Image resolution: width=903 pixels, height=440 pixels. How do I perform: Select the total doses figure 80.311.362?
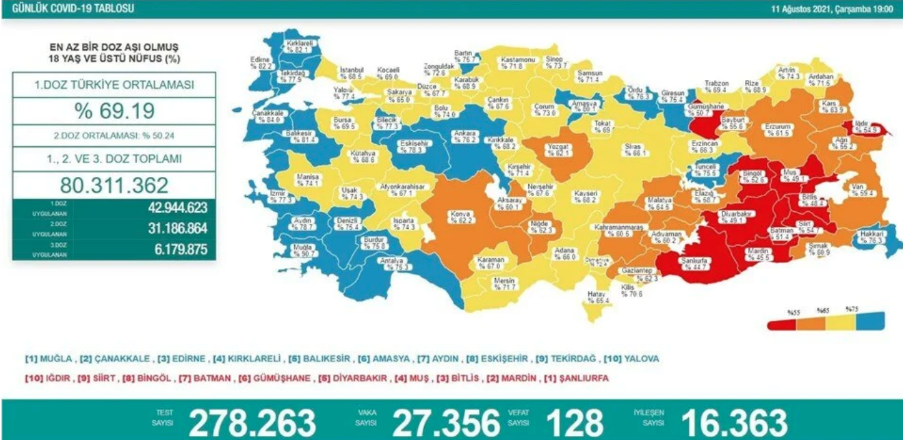click(x=115, y=185)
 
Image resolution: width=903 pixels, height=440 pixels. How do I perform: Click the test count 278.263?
click(x=252, y=423)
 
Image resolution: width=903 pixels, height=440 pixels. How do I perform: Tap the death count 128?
click(x=575, y=423)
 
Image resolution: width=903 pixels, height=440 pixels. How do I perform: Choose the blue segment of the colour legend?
click(x=871, y=321)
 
